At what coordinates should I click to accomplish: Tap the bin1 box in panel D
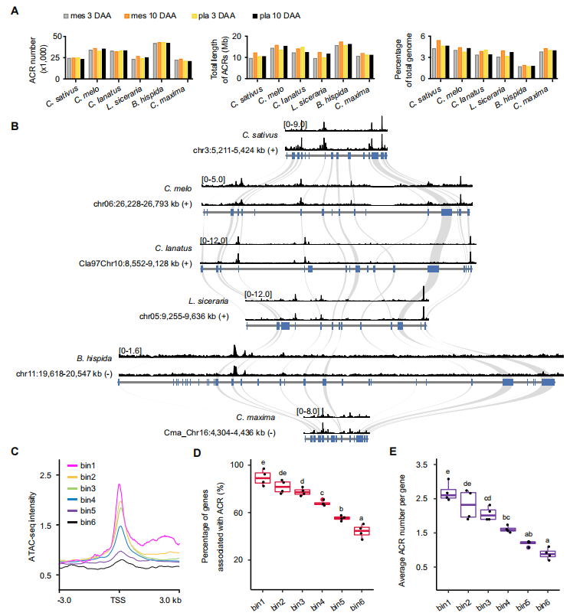[263, 478]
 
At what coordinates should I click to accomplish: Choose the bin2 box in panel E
[467, 505]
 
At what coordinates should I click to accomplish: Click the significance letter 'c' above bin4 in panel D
[322, 493]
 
